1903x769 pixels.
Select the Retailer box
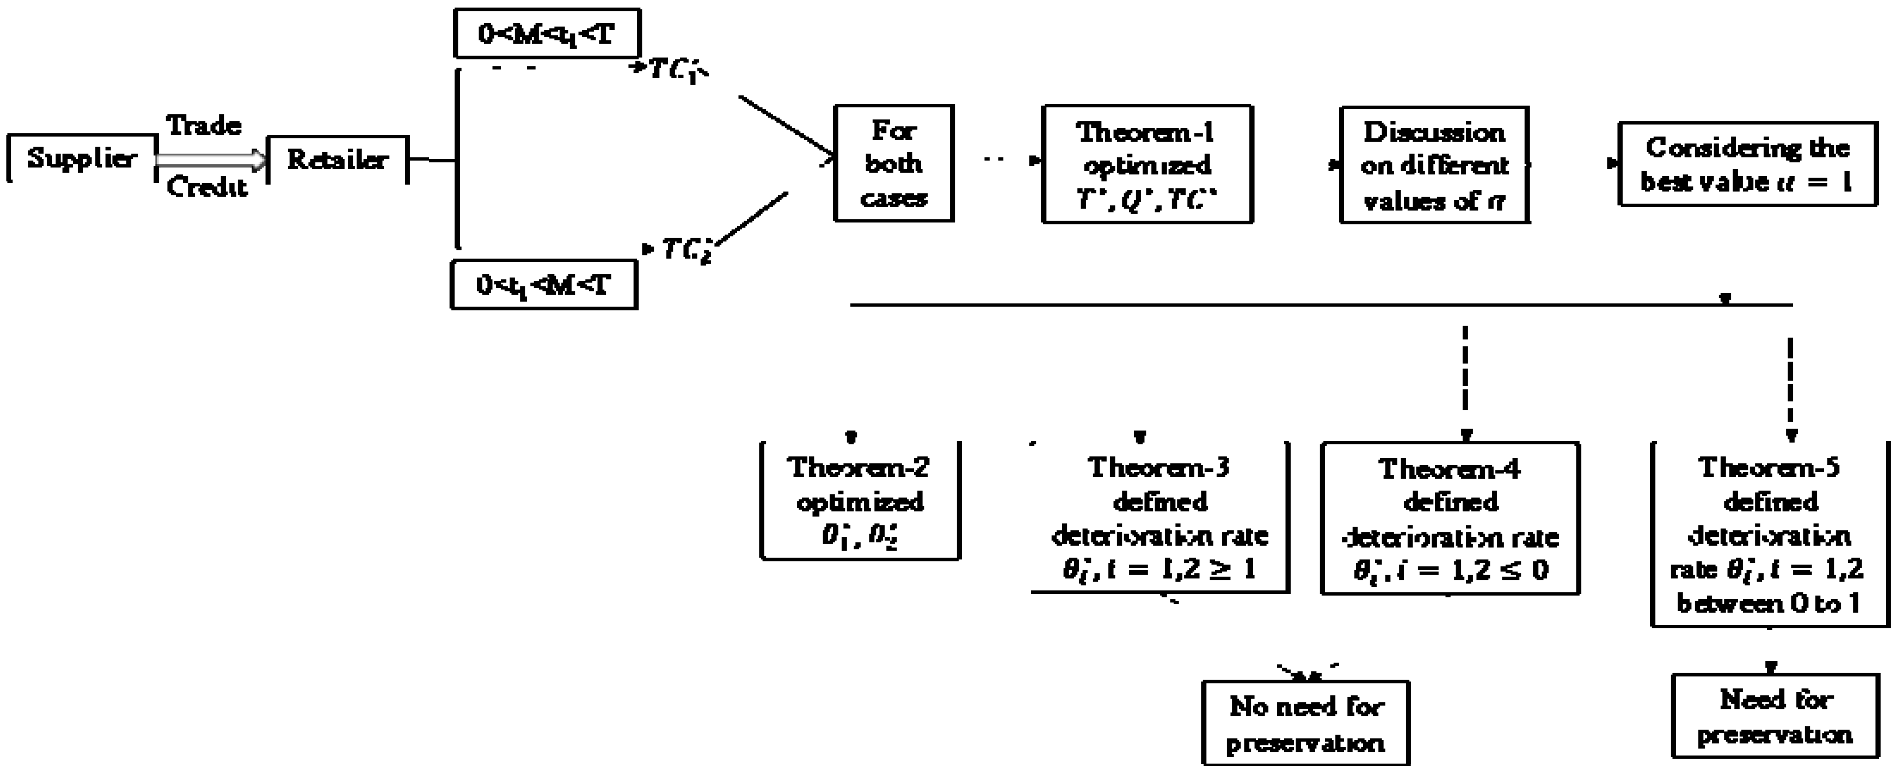pos(337,159)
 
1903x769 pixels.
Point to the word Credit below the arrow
pos(207,187)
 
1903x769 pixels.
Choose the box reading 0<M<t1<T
pos(546,33)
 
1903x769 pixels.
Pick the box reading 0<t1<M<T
pos(544,284)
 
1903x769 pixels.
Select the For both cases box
pos(894,163)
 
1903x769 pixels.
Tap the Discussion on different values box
pos(1434,165)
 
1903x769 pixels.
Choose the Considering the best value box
pos(1747,164)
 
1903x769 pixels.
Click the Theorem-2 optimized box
pos(860,501)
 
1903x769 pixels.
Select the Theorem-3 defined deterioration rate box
pos(1159,517)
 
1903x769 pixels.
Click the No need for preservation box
pos(1305,723)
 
